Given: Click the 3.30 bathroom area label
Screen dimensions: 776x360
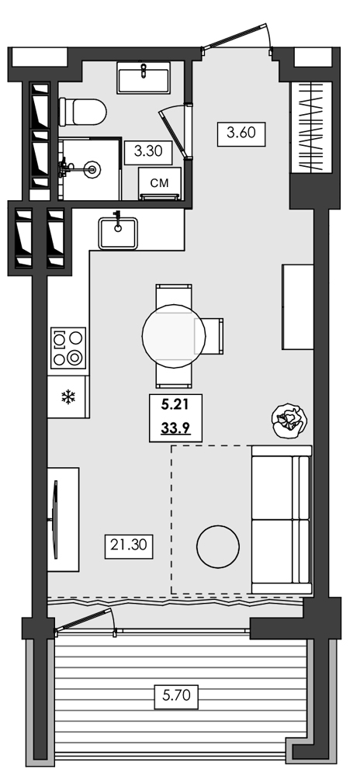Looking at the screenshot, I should [x=147, y=151].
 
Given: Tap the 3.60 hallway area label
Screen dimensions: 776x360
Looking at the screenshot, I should [x=241, y=133].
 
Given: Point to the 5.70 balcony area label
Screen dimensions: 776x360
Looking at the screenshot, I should [x=175, y=696].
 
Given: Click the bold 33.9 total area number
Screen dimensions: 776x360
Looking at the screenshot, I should [x=175, y=426].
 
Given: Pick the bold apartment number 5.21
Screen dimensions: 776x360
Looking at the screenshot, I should [x=175, y=404].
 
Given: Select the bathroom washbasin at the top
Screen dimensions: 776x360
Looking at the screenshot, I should [x=145, y=79].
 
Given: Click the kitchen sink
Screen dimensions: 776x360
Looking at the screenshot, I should [x=118, y=232].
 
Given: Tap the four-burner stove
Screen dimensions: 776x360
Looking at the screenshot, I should [x=67, y=348].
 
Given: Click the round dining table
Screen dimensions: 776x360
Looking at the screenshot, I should [x=175, y=336].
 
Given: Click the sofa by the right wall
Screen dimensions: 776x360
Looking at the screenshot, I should [x=280, y=520].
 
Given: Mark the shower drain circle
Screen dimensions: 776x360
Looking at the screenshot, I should [x=93, y=167].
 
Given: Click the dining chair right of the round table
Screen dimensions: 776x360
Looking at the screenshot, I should [x=215, y=336].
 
